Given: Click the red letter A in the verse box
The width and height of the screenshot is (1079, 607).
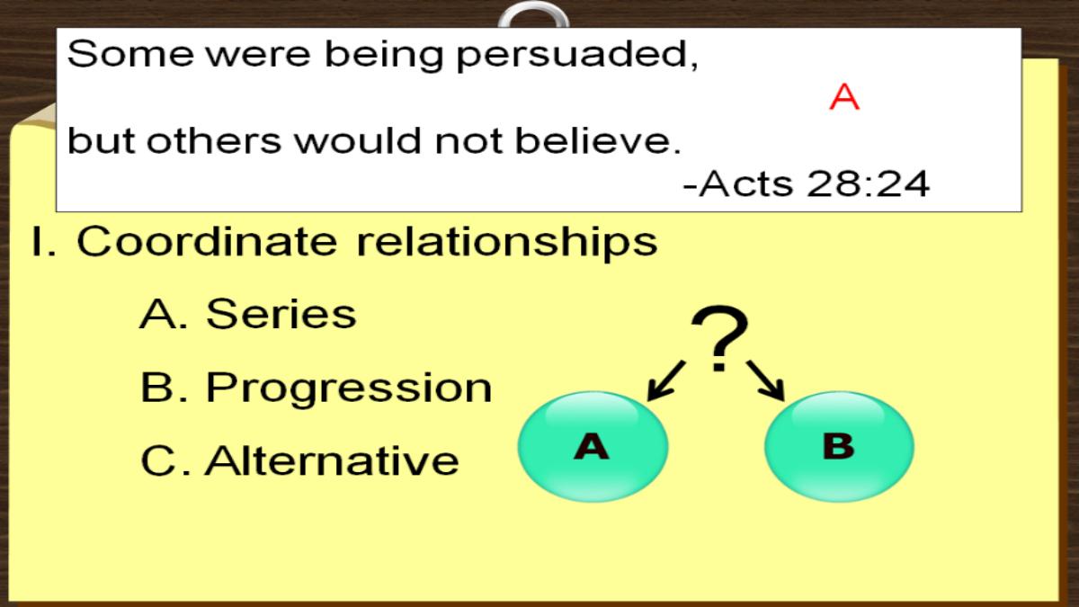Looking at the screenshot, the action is coord(844,97).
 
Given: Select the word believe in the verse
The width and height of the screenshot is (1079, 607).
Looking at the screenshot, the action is coord(598,140).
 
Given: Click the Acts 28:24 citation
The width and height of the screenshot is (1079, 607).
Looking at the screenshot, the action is coord(806,183).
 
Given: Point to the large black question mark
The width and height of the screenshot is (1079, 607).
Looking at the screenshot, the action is coord(719,338).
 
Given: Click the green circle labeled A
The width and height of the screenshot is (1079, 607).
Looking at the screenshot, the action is coord(593,447).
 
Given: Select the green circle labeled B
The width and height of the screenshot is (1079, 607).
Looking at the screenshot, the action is coord(839,447).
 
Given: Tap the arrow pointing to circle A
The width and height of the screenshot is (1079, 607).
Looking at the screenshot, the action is coord(665,380).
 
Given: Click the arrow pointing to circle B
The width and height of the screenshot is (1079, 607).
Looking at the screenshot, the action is coord(766,380).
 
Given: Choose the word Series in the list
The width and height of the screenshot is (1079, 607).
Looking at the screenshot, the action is coord(281,314).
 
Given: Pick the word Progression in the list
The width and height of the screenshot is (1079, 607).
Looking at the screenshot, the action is coord(349,389).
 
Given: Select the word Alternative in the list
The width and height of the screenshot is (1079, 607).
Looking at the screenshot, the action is coord(332,460).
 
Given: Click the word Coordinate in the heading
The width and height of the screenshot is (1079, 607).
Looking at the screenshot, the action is coord(207,241).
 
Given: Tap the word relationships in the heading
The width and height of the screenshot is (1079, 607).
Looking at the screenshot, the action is coord(507,242).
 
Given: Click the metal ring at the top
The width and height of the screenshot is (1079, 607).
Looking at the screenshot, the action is coord(534,14).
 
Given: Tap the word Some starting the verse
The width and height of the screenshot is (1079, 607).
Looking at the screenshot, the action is coord(131,53).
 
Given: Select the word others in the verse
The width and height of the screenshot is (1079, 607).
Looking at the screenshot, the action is coord(214,140).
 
